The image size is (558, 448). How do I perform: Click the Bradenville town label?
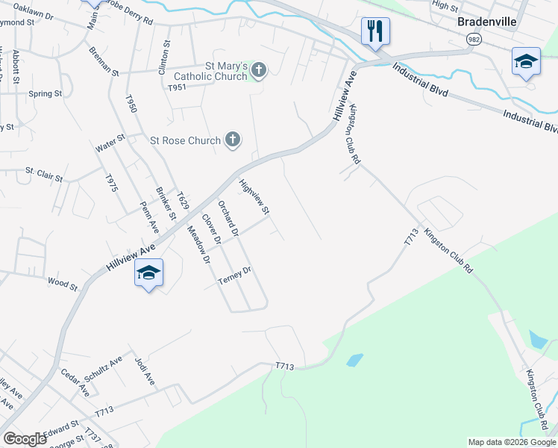486,22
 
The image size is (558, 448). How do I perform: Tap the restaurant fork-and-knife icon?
374,31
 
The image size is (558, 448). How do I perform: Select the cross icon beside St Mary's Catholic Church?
258,71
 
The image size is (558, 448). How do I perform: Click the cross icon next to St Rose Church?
233,140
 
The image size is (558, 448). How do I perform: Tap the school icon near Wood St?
148,274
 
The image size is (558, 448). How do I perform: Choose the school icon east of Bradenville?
525,62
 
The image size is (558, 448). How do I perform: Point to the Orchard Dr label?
228,219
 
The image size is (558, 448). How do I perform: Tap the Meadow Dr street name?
199,245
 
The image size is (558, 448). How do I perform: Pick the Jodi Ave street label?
144,370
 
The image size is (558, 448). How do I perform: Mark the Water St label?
109,143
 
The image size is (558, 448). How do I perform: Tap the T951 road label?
176,88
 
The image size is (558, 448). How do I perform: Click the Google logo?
25,439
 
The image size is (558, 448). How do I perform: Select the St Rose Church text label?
185,140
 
